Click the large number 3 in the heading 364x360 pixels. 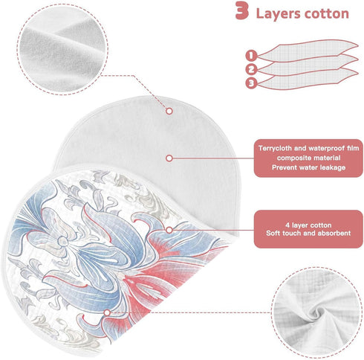pyautogui.click(x=241, y=10)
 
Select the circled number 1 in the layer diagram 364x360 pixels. pyautogui.click(x=251, y=55)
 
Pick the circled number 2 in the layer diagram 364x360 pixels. pyautogui.click(x=251, y=69)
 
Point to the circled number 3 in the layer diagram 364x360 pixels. pyautogui.click(x=251, y=83)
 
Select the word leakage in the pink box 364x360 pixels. pyautogui.click(x=333, y=167)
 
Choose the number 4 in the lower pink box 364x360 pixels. pyautogui.click(x=287, y=225)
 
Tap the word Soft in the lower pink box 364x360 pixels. pyautogui.click(x=273, y=234)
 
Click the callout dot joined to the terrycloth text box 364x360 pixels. pyautogui.click(x=169, y=158)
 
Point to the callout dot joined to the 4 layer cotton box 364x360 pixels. pyautogui.click(x=169, y=230)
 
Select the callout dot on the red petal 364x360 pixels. pyautogui.click(x=107, y=312)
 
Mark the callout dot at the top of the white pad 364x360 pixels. pyautogui.click(x=169, y=111)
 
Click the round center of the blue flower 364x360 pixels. pyautogui.click(x=62, y=240)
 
